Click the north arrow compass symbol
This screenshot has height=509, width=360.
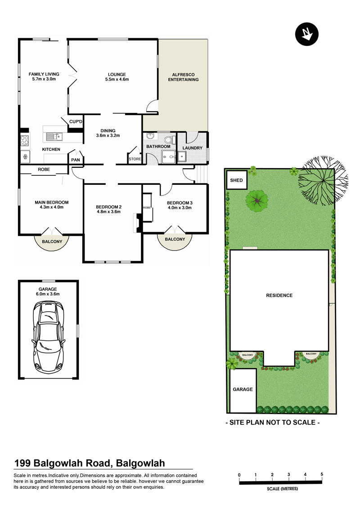(x=306, y=34)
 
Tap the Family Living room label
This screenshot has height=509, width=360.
(x=44, y=76)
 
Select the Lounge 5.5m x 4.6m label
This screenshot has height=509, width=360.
(x=117, y=76)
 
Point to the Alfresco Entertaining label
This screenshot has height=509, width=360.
(x=183, y=77)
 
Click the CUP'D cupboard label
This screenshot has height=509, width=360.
(x=76, y=122)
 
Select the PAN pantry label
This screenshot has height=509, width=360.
(x=76, y=160)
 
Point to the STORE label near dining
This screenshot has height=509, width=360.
(x=135, y=159)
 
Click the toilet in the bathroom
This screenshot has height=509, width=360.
(x=168, y=139)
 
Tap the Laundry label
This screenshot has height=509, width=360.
(x=192, y=148)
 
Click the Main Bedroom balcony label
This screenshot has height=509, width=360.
(x=52, y=241)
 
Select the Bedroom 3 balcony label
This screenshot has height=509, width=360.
(x=175, y=239)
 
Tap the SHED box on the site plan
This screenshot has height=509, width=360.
(x=237, y=180)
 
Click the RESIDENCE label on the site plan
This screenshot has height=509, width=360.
(x=279, y=295)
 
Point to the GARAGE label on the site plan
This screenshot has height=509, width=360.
(x=243, y=389)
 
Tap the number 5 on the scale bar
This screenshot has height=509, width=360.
(x=322, y=474)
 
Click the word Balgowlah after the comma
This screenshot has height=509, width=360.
(x=140, y=463)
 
